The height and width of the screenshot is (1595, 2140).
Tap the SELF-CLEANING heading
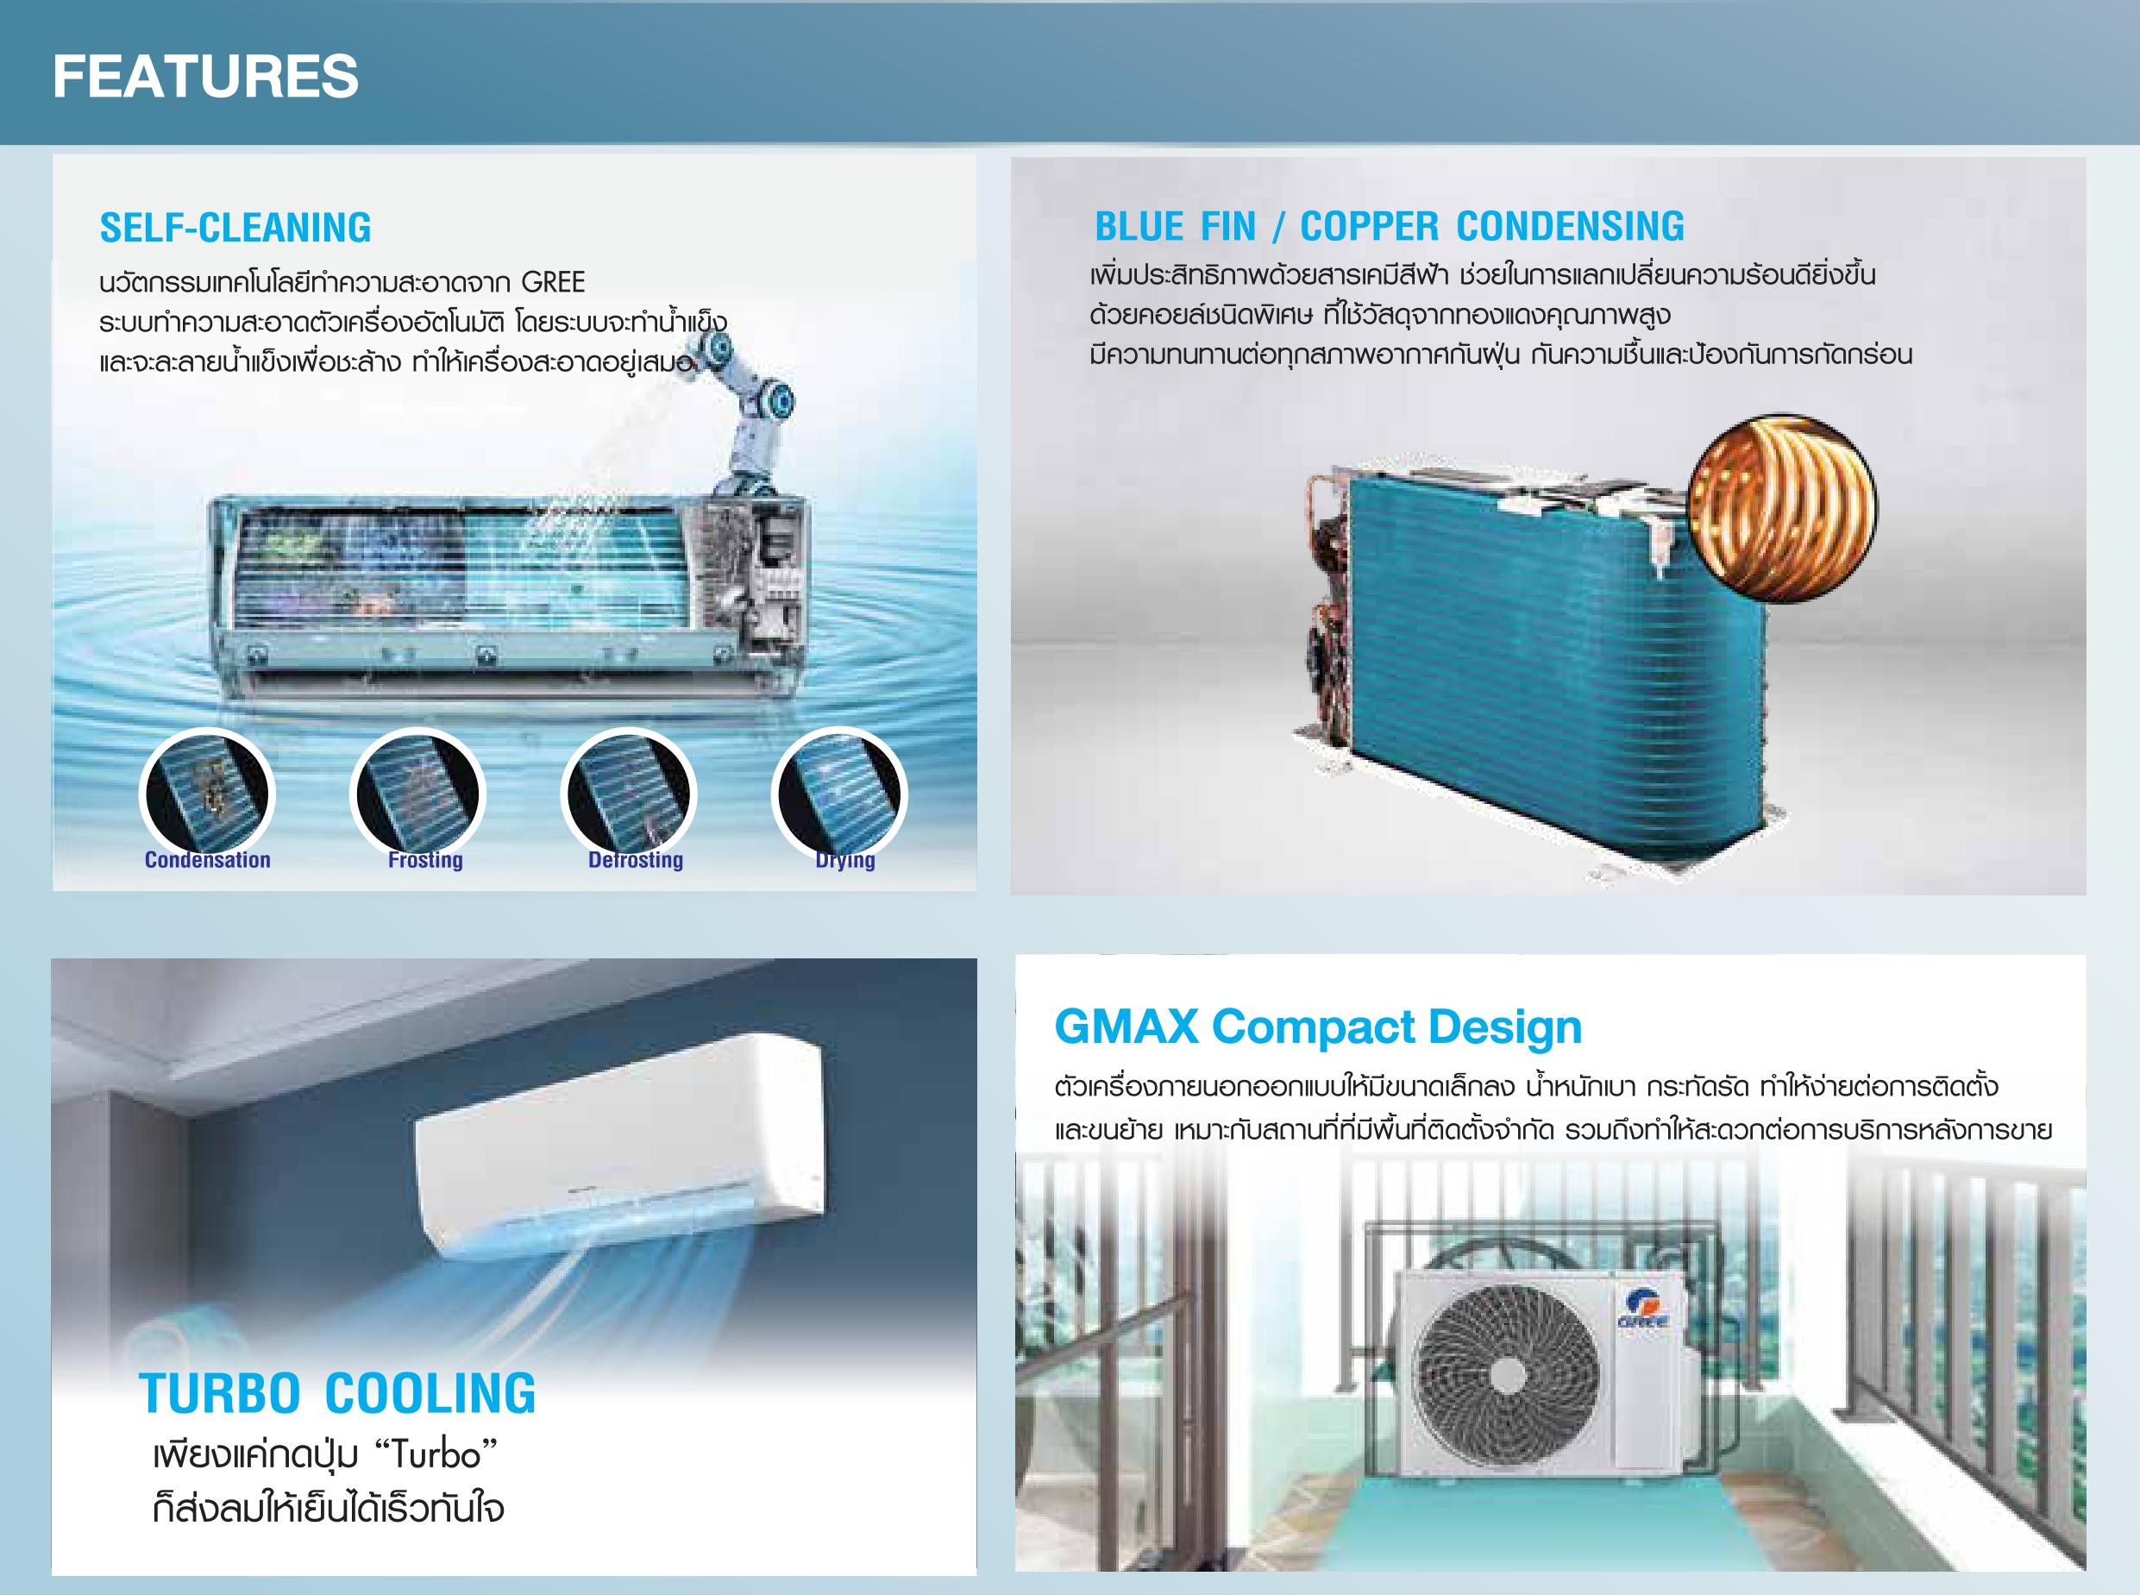coord(235,228)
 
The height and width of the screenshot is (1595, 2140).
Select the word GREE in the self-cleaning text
coord(553,283)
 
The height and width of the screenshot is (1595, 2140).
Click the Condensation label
coord(208,860)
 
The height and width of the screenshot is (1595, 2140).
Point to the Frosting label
coord(426,860)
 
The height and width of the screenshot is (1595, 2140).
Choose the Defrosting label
coord(636,860)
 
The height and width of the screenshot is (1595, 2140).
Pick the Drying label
coord(845,861)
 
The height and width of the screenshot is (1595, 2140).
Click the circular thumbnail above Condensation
coord(208,794)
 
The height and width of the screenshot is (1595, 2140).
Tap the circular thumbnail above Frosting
coord(418,794)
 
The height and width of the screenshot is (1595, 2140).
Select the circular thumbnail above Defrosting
coord(629,794)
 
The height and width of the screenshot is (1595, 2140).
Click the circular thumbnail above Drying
coord(838,794)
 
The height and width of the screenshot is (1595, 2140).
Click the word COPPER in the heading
coord(1370,227)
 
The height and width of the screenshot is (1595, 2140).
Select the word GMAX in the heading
coord(1126,1027)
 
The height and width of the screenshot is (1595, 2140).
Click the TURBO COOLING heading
coord(338,1393)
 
